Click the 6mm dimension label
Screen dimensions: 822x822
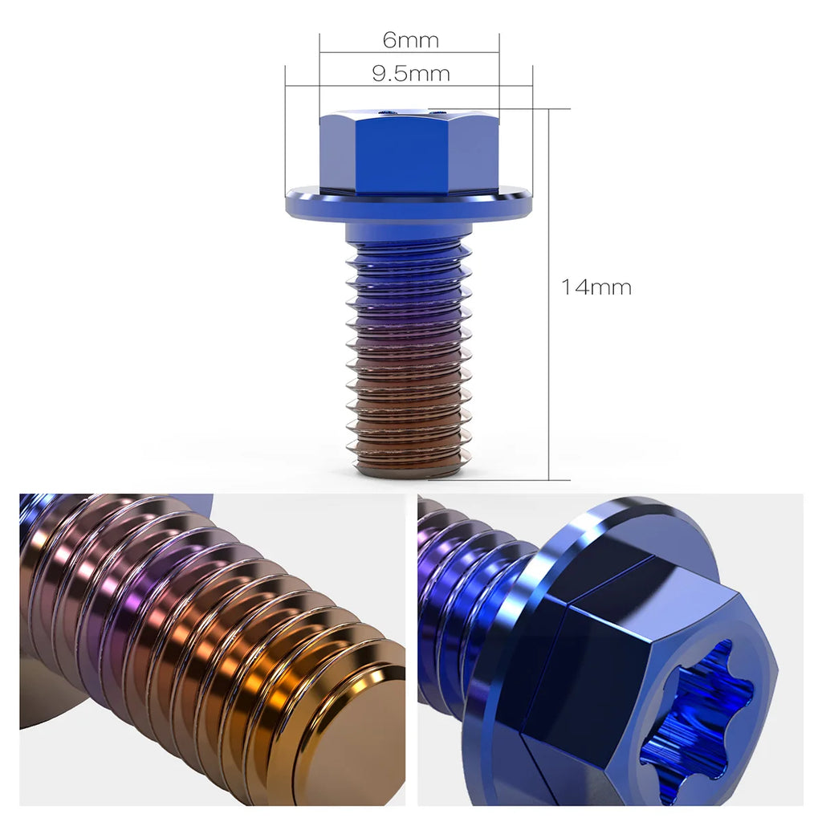pos(410,39)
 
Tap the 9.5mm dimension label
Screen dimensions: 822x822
pos(410,74)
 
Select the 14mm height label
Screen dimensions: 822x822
pos(596,287)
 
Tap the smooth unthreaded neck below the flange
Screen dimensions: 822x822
pos(409,233)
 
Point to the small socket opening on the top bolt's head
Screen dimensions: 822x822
pos(388,113)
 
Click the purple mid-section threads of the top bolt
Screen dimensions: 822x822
pos(409,321)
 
